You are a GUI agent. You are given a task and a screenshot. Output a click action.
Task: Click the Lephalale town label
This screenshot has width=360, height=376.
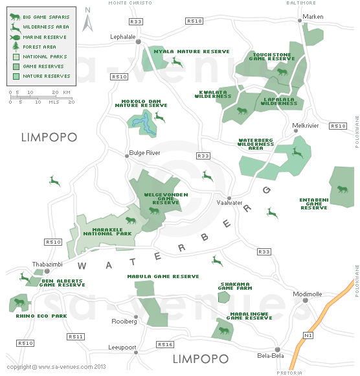coord(123,37)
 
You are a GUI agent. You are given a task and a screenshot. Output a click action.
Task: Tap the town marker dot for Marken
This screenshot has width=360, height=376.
coord(300,21)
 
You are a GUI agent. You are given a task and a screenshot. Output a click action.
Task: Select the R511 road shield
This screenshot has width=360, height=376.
coord(76,336)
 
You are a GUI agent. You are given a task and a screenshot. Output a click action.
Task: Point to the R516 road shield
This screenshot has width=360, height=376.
coord(165,344)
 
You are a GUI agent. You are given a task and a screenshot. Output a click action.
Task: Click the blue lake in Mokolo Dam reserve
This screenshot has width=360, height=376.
coord(147,123)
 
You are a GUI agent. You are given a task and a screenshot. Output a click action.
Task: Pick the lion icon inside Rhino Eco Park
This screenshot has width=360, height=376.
coord(19,302)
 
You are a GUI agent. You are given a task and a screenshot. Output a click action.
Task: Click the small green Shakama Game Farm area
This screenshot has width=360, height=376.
coord(223,297)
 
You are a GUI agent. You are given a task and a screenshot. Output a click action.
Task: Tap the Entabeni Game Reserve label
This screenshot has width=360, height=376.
coord(314,204)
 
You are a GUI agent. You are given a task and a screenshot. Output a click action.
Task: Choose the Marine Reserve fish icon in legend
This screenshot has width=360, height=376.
coord(15,37)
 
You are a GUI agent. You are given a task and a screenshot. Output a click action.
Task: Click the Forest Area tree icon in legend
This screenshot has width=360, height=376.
coord(15,47)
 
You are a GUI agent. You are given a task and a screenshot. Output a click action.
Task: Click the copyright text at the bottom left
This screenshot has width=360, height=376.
coord(56,366)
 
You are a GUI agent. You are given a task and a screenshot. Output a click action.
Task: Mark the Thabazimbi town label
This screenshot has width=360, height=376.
coord(47,264)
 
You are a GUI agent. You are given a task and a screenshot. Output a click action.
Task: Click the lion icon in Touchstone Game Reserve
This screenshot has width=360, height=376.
coord(282,71)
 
